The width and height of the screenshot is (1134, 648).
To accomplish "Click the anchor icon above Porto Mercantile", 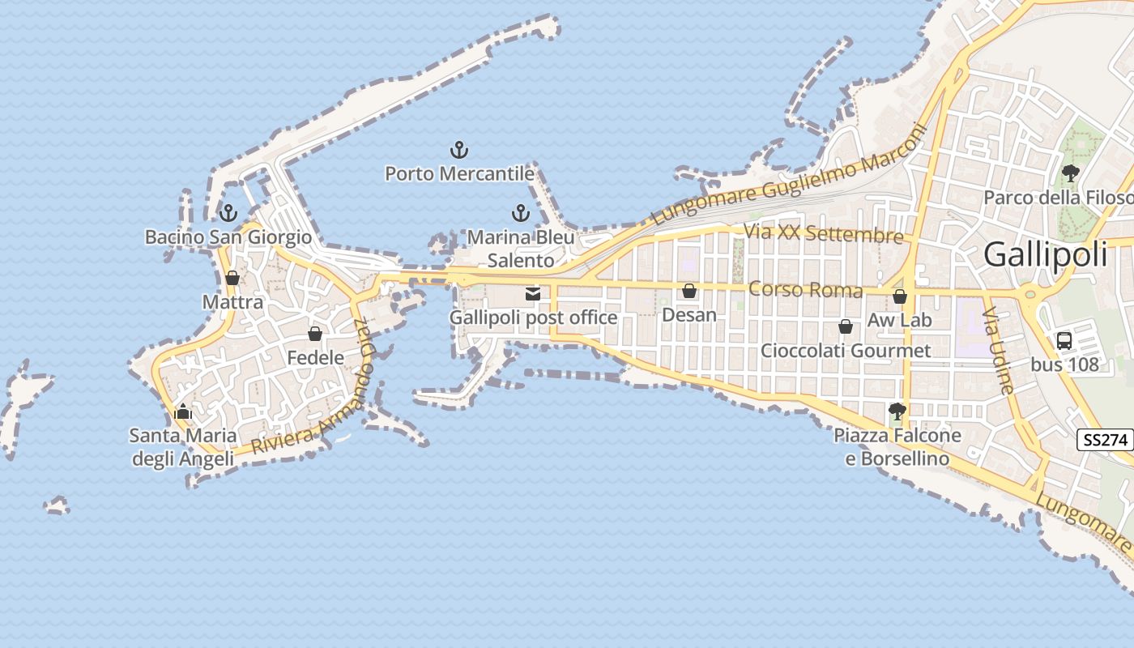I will [459, 150].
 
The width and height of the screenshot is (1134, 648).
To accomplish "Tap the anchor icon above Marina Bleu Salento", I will [521, 214].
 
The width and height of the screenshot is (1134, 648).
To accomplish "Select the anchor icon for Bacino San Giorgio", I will [228, 214].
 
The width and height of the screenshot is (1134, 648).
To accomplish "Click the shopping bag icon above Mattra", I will [232, 278].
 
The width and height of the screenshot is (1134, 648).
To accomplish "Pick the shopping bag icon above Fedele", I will [315, 334].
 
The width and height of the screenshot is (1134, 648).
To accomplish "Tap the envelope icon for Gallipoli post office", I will [533, 294].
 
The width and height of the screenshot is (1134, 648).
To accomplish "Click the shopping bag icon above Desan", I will [689, 291].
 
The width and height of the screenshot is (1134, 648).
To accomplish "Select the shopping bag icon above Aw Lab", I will [899, 296].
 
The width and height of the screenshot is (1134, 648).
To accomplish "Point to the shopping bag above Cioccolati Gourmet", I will [846, 326].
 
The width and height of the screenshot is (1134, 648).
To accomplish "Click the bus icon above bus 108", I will [1064, 341].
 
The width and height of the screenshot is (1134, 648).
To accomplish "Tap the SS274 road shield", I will [1105, 440].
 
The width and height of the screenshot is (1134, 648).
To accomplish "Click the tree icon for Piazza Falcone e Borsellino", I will [896, 411].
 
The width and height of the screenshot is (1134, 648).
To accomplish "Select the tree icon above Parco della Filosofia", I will [1070, 173].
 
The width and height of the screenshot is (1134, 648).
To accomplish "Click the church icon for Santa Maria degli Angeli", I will [183, 412].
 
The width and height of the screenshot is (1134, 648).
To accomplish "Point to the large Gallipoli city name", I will [1045, 255].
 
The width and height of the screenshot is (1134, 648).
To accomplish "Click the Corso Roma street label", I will [805, 289].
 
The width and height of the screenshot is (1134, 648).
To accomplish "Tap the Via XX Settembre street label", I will [823, 234].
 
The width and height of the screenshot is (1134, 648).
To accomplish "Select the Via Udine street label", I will [999, 350].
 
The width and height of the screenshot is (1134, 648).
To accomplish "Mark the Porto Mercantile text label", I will [459, 174].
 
